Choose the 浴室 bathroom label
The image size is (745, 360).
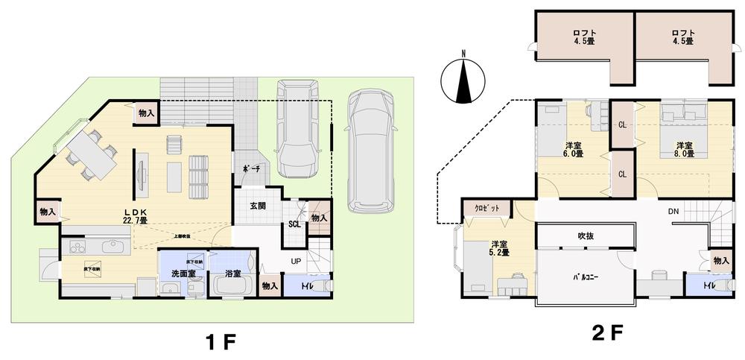pos(232,274)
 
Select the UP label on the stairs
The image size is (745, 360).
pos(296,262)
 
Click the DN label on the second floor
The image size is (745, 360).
pos(673,212)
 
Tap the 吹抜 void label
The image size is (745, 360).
pos(585,236)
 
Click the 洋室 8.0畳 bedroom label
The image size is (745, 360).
pos(685,149)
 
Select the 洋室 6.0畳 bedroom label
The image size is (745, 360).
pos(574,149)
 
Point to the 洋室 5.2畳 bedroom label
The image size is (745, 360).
pos(499,248)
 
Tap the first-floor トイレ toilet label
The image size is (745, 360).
pos(306,285)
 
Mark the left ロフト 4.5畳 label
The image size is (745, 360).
pos(583,37)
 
